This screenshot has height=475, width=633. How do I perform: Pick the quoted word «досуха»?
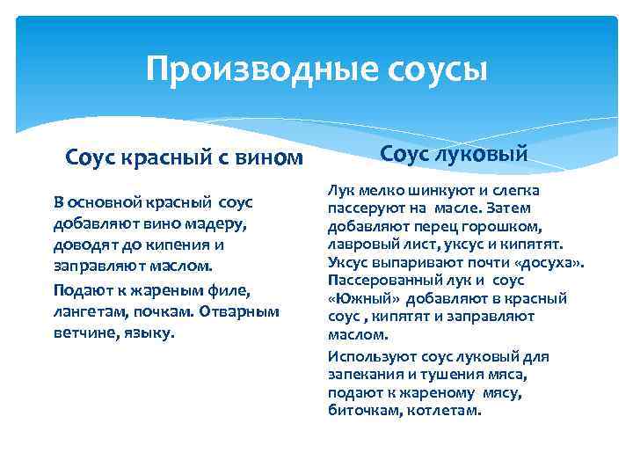[550, 261]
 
